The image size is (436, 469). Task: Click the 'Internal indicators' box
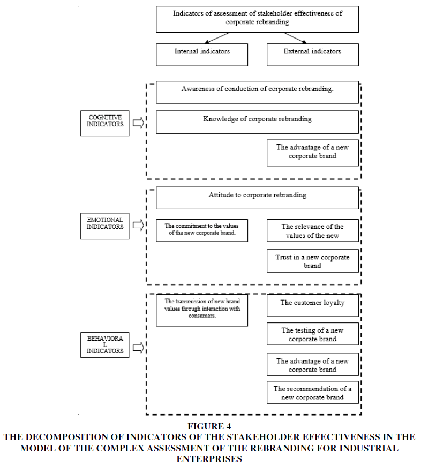coord(202,55)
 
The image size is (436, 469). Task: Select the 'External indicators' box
coord(313,55)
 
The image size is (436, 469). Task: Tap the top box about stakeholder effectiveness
coord(257,19)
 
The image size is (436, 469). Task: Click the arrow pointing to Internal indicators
coord(217,38)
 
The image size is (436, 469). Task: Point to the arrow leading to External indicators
coord(295,38)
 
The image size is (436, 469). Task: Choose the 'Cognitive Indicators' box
coord(104,123)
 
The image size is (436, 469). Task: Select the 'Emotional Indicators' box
coord(104,226)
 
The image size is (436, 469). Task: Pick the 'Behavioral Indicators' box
coord(104,344)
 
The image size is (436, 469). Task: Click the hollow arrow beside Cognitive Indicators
coord(138,122)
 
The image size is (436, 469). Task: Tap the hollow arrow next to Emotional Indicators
coord(138,225)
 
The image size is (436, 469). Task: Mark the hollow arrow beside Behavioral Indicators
coord(138,348)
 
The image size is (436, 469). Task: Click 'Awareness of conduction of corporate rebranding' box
coord(257,92)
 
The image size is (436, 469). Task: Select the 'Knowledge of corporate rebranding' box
coord(257,122)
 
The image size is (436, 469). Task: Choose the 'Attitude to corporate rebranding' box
coord(257,198)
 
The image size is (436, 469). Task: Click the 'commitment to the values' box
coord(202,230)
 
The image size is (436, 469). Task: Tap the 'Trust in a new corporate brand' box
coord(313,261)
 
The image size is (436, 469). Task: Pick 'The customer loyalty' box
coord(313,305)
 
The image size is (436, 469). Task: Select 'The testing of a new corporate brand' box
coord(313,334)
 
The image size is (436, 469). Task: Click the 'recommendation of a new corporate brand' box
coord(313,392)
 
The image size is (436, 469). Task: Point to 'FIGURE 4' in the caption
coord(209,426)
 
